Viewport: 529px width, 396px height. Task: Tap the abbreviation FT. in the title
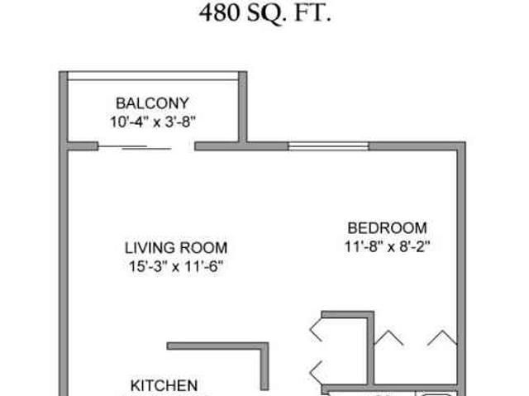click(x=313, y=14)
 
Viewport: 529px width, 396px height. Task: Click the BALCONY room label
click(x=152, y=103)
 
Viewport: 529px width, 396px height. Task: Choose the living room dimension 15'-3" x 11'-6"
click(x=174, y=265)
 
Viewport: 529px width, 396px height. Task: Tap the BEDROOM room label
click(x=387, y=227)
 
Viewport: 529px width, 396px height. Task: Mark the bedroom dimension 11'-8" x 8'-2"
click(x=387, y=246)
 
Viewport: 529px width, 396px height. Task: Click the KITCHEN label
click(x=164, y=385)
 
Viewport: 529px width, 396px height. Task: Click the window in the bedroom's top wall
click(x=328, y=147)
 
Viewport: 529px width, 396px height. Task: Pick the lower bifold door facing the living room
click(x=315, y=368)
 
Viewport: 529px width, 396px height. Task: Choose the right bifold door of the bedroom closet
click(x=441, y=337)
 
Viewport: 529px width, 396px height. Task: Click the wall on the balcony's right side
click(x=243, y=107)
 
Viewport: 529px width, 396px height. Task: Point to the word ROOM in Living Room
click(x=202, y=247)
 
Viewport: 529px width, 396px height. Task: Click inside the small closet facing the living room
click(x=339, y=351)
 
